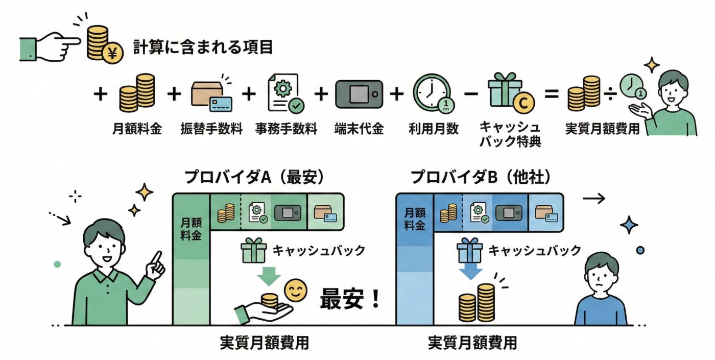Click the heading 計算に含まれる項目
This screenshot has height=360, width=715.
(x=203, y=47)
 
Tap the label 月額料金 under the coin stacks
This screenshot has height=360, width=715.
(x=137, y=129)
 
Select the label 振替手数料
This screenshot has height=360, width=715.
(x=211, y=129)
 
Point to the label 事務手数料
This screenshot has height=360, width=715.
(x=286, y=129)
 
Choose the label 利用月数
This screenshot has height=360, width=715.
(x=433, y=129)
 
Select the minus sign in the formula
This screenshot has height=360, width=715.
(x=472, y=95)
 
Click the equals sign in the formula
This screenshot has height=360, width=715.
(x=551, y=95)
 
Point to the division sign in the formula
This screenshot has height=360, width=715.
(x=611, y=94)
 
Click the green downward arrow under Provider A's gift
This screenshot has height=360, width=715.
(x=269, y=276)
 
